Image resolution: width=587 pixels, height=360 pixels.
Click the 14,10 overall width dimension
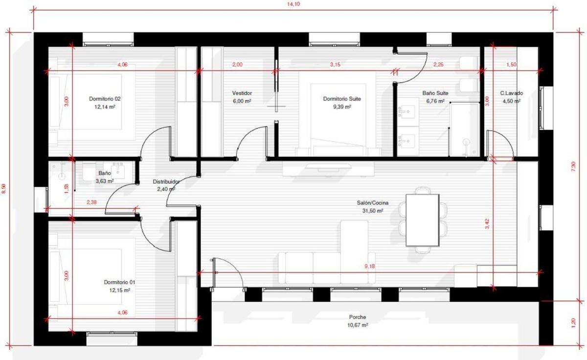[293, 4]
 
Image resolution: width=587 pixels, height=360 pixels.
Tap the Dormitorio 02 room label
[105, 99]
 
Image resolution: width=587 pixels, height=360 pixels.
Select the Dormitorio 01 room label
[119, 282]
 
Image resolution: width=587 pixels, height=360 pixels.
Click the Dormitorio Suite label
[342, 99]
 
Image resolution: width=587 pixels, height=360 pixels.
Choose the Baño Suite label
[435, 93]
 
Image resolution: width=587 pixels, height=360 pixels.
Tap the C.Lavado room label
[511, 93]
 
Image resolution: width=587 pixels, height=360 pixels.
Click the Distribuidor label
[166, 181]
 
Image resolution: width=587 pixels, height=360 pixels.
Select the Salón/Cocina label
[373, 203]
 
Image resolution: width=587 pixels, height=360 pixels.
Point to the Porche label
[358, 317]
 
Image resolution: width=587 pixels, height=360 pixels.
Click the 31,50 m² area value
[373, 211]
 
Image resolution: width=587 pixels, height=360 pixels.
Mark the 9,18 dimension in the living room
[369, 266]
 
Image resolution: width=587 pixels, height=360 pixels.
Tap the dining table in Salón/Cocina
[423, 220]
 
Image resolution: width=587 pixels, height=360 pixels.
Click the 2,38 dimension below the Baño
[91, 202]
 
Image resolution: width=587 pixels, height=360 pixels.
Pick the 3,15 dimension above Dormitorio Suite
[335, 65]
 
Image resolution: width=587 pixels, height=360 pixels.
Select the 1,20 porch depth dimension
[573, 323]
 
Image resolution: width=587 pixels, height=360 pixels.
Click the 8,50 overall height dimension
[4, 189]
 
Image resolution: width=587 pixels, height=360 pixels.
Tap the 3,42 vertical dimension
[487, 224]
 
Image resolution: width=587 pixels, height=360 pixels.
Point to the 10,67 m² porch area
[358, 325]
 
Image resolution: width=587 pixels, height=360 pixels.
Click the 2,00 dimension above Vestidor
[237, 65]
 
